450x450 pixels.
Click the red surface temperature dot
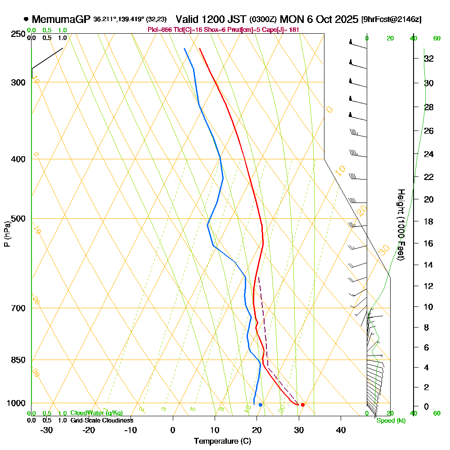pyautogui.click(x=303, y=405)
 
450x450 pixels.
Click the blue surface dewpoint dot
pyautogui.click(x=260, y=405)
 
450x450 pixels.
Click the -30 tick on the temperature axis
pyautogui.click(x=47, y=430)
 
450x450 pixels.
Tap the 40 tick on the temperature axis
pyautogui.click(x=341, y=430)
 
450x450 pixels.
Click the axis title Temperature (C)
pyautogui.click(x=222, y=441)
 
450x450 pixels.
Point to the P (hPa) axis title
pyautogui.click(x=7, y=234)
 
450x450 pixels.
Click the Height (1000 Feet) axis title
pyautogui.click(x=400, y=225)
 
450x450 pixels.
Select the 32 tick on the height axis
pyautogui.click(x=429, y=58)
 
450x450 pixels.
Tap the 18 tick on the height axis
pyautogui.click(x=429, y=221)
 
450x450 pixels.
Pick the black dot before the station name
pyautogui.click(x=26, y=19)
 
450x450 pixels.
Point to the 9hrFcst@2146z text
pyautogui.click(x=391, y=20)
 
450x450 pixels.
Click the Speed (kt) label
pyautogui.click(x=389, y=421)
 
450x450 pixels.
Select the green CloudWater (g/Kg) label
pyautogui.click(x=96, y=413)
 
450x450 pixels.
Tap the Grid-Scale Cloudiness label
pyautogui.click(x=102, y=420)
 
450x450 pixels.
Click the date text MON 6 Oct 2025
pyautogui.click(x=319, y=20)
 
